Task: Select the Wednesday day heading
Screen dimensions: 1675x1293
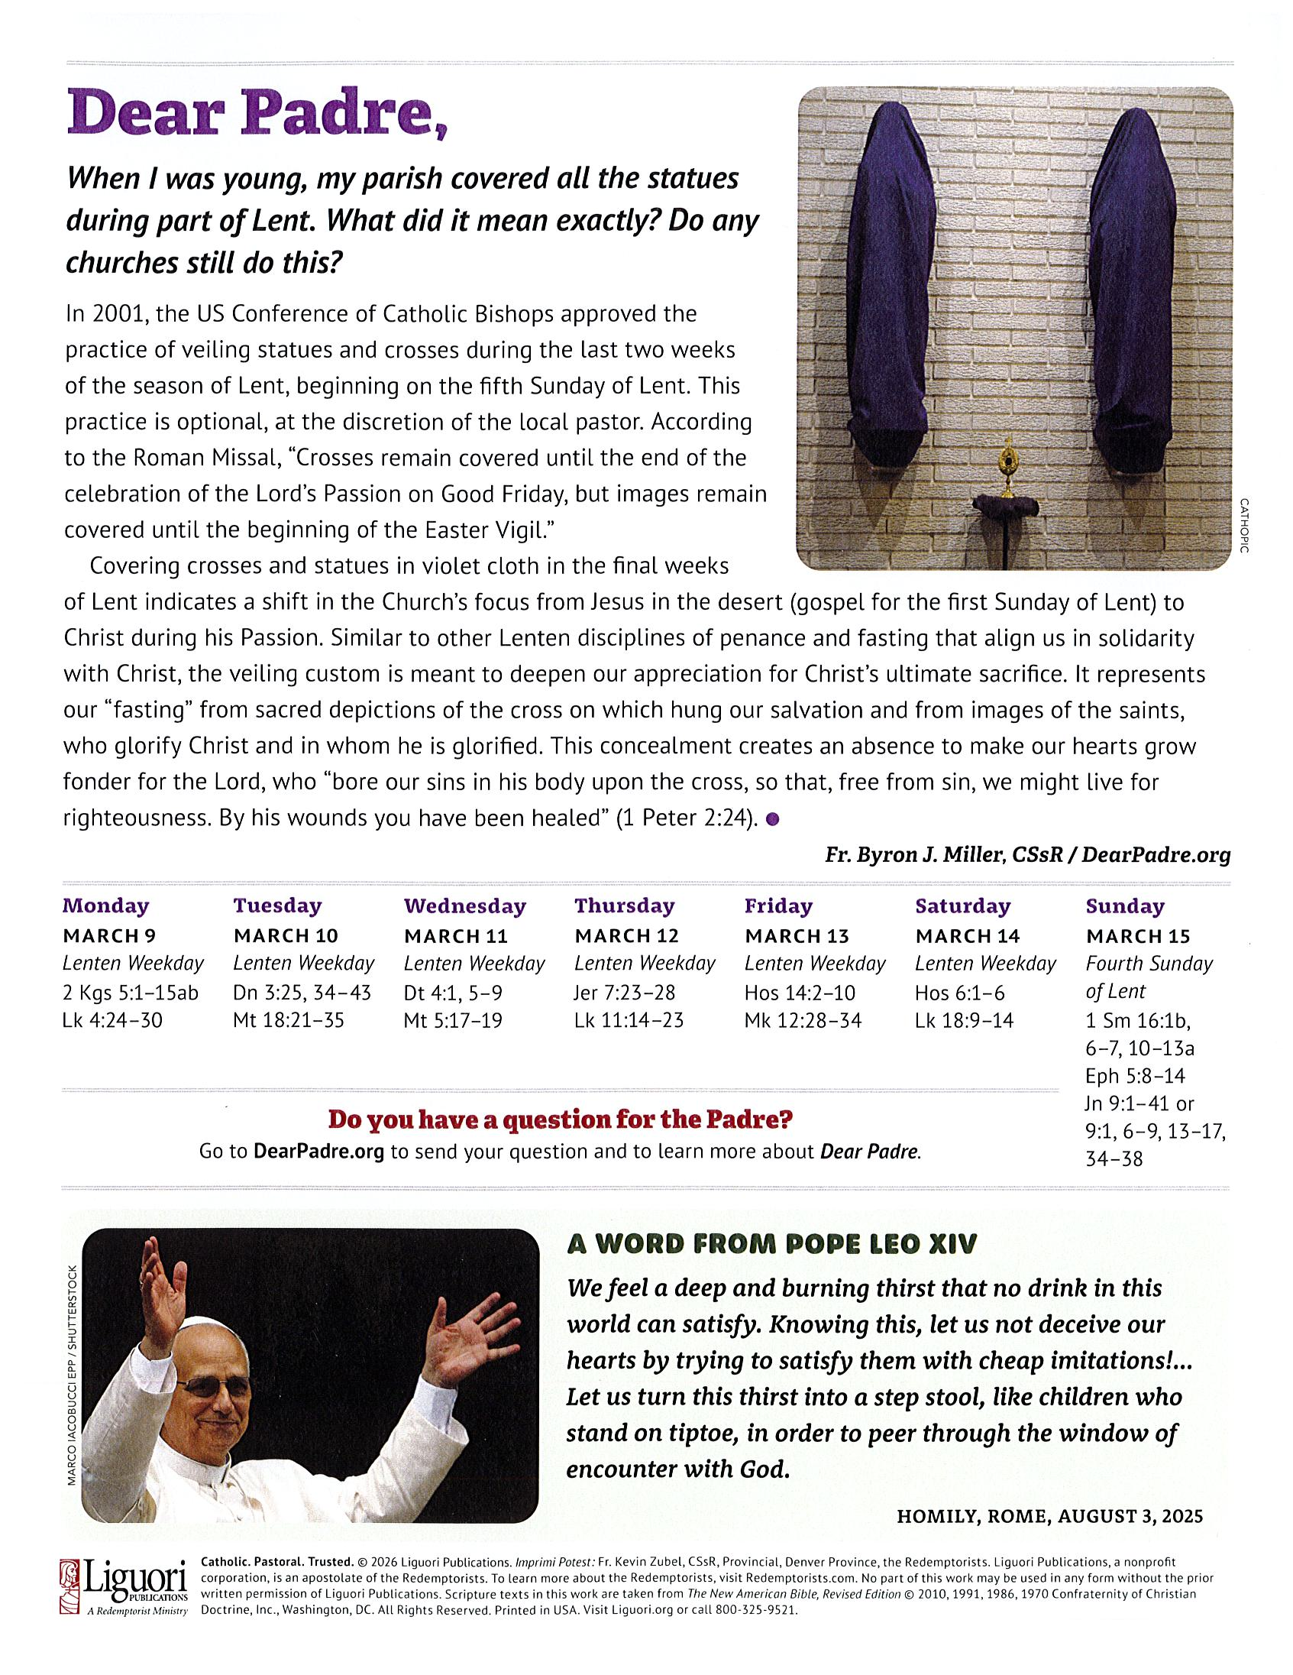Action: click(x=464, y=906)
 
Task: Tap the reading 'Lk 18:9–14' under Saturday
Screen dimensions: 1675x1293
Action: click(x=963, y=1020)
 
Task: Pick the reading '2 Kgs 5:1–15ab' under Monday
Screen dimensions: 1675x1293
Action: click(x=131, y=993)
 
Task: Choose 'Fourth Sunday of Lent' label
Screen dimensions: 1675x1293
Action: click(x=1148, y=977)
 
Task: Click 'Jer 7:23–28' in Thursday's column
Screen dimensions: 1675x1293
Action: click(x=625, y=993)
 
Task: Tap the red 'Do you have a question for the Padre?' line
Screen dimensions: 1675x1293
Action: click(x=560, y=1119)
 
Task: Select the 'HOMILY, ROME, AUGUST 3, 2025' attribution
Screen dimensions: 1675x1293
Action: click(x=1049, y=1516)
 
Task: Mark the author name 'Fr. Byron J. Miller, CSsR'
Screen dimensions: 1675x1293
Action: click(x=943, y=855)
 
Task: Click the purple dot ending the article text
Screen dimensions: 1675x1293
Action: click(x=773, y=819)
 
